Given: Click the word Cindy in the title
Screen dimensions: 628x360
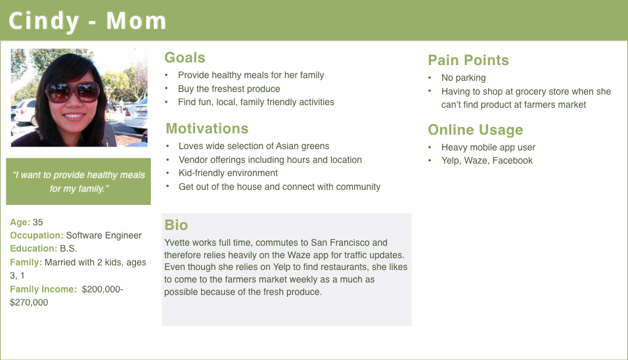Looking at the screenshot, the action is [43, 22].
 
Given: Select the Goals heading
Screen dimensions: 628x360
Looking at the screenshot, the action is [185, 58].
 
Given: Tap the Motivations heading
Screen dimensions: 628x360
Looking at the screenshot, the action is [207, 129].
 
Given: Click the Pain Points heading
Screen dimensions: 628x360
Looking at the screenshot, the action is [468, 60].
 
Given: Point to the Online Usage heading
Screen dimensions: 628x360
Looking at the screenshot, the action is [476, 129].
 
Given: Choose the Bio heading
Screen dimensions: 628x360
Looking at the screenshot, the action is [176, 225].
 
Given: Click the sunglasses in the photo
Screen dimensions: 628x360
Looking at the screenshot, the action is [72, 92].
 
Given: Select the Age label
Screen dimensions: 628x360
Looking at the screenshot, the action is [20, 222].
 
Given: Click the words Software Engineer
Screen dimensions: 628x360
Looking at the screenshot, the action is [104, 235].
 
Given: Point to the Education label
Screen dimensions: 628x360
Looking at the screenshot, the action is [34, 249].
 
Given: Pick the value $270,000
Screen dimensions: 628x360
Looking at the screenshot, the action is [29, 302].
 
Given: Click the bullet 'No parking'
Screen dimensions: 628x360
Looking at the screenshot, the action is [463, 78].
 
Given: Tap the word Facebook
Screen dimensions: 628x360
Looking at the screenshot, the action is [512, 160].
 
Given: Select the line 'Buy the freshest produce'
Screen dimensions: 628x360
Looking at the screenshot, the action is [229, 89].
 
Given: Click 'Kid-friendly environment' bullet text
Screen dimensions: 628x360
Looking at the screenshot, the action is [229, 173].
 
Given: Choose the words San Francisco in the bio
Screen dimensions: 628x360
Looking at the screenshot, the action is [340, 242].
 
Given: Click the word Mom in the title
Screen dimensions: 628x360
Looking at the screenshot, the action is [136, 21].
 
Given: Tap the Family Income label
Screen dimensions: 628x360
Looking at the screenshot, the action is [43, 289].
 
